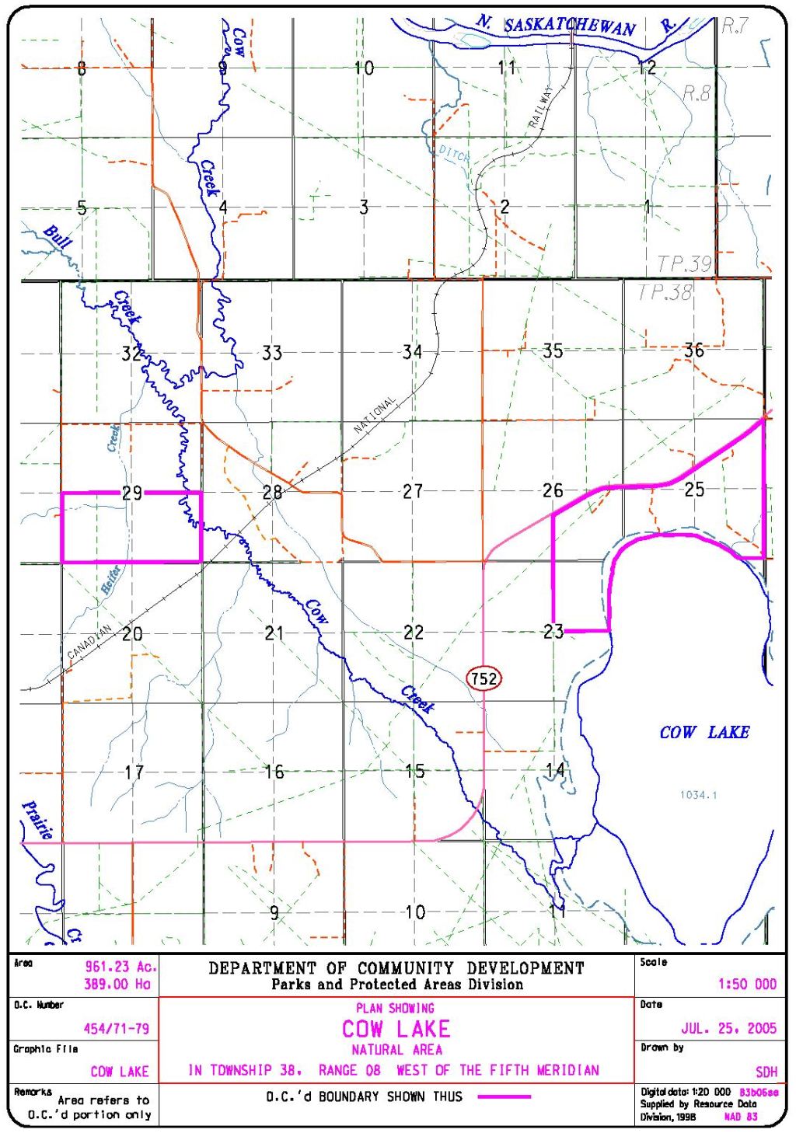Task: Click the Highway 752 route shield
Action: pyautogui.click(x=484, y=678)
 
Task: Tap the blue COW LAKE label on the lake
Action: pyautogui.click(x=704, y=732)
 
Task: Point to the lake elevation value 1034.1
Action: pyautogui.click(x=698, y=794)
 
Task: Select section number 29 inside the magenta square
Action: pyautogui.click(x=132, y=493)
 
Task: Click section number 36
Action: pyautogui.click(x=693, y=350)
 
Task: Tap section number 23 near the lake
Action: pyautogui.click(x=553, y=632)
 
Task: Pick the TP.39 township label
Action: pyautogui.click(x=684, y=264)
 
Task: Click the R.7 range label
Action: pyautogui.click(x=735, y=26)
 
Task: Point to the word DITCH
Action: pyautogui.click(x=454, y=154)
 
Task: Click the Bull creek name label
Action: pyautogui.click(x=57, y=236)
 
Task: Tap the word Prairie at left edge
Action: pyautogui.click(x=37, y=821)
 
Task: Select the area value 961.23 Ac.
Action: pyautogui.click(x=120, y=967)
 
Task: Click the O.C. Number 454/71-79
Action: pyautogui.click(x=116, y=1028)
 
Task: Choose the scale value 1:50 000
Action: pyautogui.click(x=746, y=984)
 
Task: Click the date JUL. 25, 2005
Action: pyautogui.click(x=728, y=1028)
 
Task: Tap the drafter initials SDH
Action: pyautogui.click(x=766, y=1072)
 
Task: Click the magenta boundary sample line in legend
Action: pyautogui.click(x=504, y=1096)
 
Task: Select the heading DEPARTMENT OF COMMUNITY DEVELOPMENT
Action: pyautogui.click(x=396, y=968)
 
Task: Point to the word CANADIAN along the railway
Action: pyautogui.click(x=89, y=643)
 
